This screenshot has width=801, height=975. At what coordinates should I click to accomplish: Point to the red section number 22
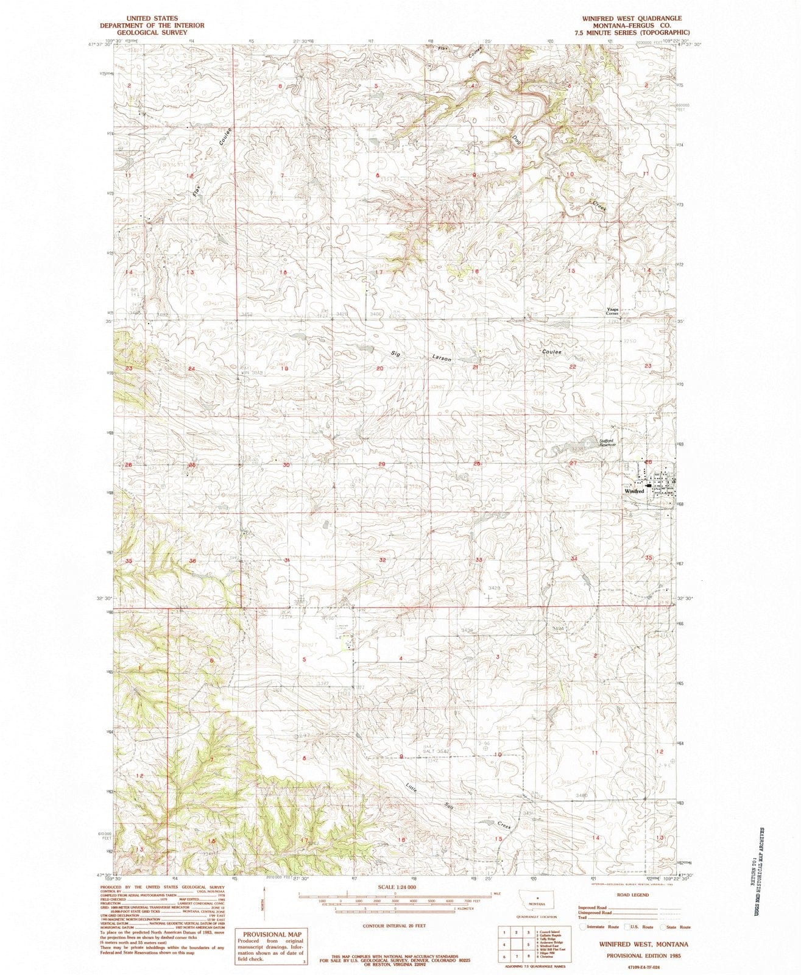(x=573, y=366)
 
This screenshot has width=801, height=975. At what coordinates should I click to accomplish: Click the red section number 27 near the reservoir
(x=573, y=464)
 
